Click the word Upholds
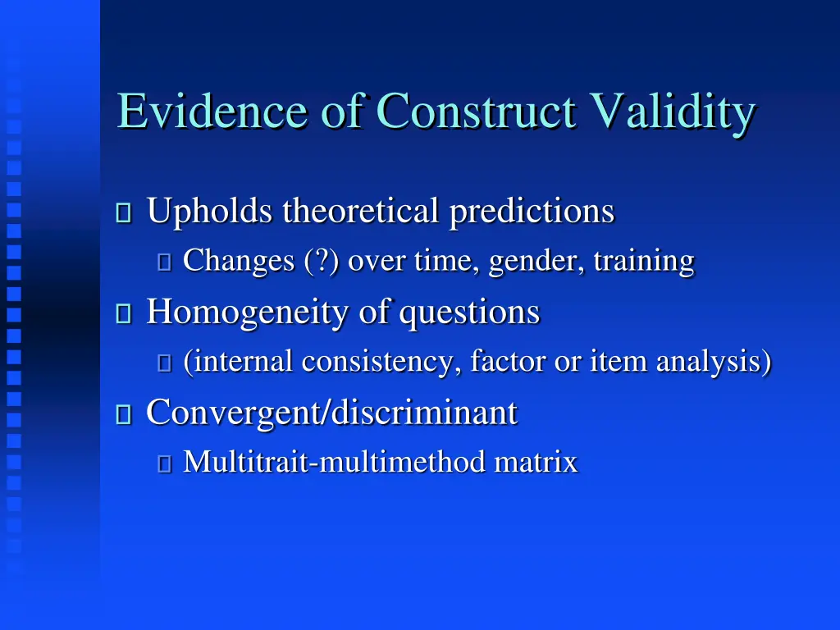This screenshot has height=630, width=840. [209, 212]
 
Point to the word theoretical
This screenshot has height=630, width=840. [361, 212]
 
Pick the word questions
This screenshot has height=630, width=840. [470, 313]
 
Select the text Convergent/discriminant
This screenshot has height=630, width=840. [331, 413]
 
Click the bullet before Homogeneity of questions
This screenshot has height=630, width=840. [124, 314]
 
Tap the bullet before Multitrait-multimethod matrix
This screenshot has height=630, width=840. [164, 464]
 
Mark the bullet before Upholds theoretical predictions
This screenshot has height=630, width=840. [124, 213]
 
